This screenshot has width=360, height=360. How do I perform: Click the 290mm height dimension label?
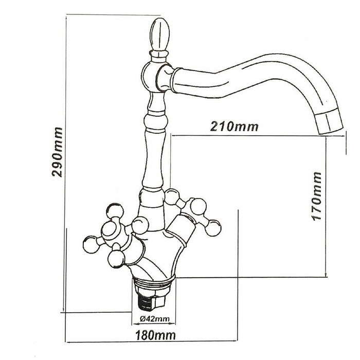57,152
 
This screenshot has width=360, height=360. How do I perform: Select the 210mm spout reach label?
234,127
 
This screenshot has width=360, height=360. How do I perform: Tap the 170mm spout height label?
317,196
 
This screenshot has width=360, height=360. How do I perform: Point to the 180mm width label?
155,335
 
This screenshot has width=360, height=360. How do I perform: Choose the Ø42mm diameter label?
154,319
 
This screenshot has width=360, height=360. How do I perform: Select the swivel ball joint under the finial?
150,77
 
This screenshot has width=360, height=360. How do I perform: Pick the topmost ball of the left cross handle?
115,211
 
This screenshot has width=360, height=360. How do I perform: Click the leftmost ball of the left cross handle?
91,244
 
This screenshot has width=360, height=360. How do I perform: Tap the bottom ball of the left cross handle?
116,259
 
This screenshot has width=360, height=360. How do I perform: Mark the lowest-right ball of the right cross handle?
213,228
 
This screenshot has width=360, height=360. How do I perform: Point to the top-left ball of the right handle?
172,196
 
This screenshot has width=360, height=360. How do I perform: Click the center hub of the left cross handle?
111,230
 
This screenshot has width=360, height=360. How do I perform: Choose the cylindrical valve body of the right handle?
182,227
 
